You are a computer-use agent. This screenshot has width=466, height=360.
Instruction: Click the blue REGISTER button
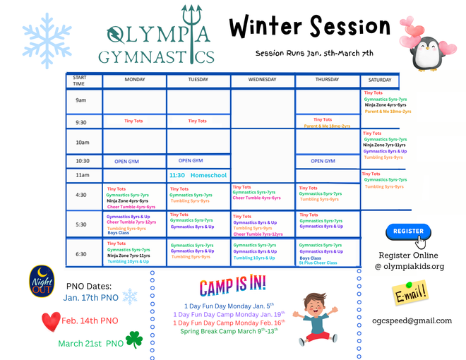(408, 231)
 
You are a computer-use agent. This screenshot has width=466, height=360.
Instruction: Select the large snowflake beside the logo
(47, 35)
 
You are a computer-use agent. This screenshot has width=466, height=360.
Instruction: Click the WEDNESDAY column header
(263, 80)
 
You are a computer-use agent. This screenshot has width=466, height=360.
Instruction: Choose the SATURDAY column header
(380, 80)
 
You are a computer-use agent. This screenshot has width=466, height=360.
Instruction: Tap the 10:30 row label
(83, 160)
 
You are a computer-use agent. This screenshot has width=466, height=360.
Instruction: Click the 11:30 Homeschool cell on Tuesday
(198, 174)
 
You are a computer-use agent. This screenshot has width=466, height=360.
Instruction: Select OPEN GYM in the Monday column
(126, 161)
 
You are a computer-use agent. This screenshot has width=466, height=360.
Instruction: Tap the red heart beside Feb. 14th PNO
(51, 321)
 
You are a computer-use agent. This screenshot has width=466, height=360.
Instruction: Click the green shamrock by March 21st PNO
(134, 340)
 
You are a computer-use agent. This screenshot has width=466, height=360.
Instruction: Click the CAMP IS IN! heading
(232, 285)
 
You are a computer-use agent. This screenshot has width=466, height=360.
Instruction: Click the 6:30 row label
(82, 253)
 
